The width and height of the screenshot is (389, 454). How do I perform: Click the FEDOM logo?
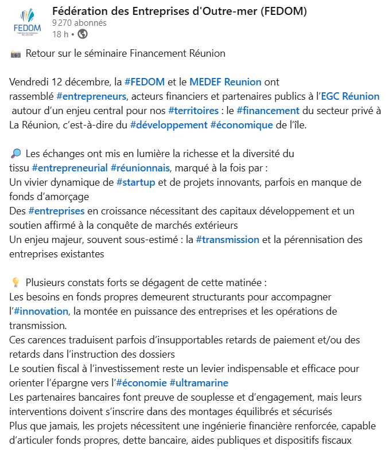(26, 24)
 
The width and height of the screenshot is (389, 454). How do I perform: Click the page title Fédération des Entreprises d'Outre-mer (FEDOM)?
(179, 11)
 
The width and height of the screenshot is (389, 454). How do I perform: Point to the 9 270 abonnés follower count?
(79, 23)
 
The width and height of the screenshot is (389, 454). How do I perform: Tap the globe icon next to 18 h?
(83, 34)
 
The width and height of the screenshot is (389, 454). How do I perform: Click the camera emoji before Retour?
(15, 54)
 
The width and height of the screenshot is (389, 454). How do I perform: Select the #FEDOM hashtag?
(145, 82)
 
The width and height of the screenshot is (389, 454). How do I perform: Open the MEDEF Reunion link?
(225, 82)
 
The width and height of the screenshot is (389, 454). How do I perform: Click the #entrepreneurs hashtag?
(92, 96)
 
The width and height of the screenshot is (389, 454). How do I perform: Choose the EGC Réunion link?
(350, 96)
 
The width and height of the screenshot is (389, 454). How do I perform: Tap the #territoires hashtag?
(193, 111)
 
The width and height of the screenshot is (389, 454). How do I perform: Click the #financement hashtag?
(268, 111)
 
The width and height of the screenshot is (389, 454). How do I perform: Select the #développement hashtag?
(168, 125)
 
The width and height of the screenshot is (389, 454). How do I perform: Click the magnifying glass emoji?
(15, 154)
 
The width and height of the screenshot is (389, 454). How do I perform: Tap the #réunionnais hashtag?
(141, 168)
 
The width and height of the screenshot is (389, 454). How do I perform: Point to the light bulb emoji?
(15, 283)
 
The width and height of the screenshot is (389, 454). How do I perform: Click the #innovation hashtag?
(41, 311)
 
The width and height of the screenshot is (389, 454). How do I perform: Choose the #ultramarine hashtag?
(199, 383)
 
